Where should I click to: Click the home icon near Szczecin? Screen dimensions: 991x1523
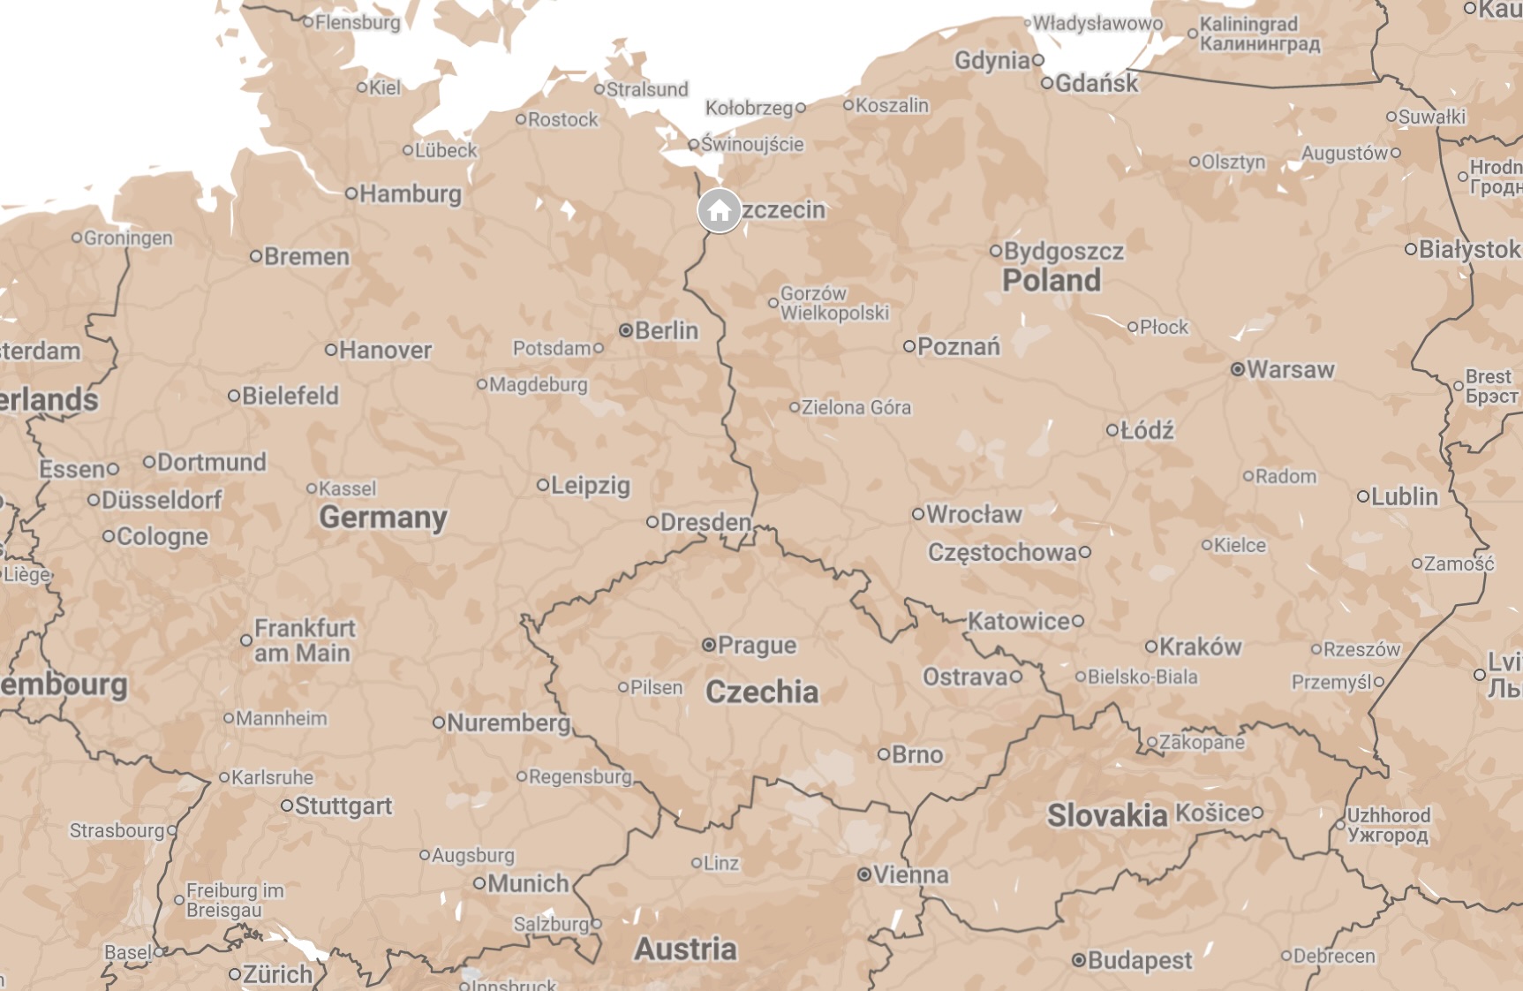click(720, 211)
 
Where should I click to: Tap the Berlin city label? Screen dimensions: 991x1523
click(666, 330)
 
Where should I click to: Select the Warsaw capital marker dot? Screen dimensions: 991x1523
click(1238, 369)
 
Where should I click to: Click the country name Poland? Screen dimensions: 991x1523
click(1052, 280)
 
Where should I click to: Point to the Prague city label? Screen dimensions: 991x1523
click(757, 645)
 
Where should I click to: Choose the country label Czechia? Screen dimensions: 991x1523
click(761, 692)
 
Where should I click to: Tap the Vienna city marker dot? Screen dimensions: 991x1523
click(864, 874)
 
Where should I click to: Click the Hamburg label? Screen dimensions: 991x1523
click(410, 193)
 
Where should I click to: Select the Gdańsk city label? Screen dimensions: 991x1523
click(1097, 83)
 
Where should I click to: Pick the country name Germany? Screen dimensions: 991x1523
click(383, 517)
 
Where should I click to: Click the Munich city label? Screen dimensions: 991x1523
click(528, 883)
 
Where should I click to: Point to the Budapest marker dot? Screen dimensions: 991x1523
click(1079, 960)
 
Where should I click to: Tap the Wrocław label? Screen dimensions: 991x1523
click(974, 514)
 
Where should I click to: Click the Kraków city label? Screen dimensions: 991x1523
click(1200, 647)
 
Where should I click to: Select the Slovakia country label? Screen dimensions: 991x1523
click(1107, 815)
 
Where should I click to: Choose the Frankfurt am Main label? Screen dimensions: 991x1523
click(304, 640)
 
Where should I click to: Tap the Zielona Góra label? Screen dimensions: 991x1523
click(856, 407)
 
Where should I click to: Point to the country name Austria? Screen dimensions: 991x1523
click(685, 949)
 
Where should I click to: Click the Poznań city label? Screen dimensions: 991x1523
click(958, 346)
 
